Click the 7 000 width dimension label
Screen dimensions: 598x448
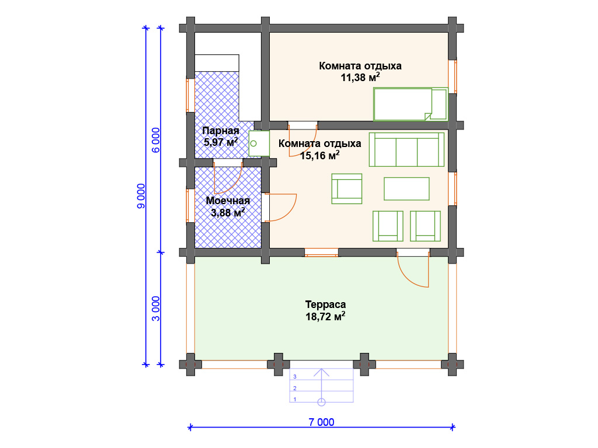321,422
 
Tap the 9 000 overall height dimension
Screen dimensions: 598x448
141,196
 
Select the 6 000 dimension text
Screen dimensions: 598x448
156,140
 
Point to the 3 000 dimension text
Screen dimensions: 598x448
156,308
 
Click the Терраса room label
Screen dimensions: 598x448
325,304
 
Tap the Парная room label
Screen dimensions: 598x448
220,131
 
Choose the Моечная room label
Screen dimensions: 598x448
228,201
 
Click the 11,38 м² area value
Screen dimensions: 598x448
360,78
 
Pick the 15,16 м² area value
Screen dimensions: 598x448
319,155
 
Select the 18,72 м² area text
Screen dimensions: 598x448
325,316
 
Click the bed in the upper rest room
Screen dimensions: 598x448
410,104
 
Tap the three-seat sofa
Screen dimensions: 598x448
406,149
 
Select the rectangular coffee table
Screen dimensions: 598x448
406,188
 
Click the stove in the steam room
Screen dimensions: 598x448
259,143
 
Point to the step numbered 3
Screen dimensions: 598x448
322,376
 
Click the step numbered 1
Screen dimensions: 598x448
322,399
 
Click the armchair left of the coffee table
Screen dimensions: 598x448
347,188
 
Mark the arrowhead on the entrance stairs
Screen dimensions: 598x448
322,372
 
